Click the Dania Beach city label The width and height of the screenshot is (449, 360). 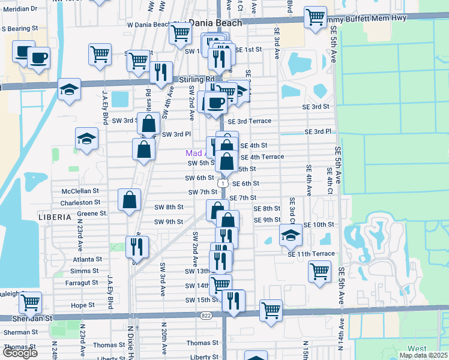pos(215,22)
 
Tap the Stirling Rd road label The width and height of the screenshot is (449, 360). pos(197,79)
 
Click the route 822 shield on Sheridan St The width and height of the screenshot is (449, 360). pos(206,314)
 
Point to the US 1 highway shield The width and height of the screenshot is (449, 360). pos(223,183)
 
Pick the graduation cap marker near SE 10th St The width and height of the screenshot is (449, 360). pos(291,235)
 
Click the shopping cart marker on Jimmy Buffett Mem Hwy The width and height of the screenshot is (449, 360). pos(315,17)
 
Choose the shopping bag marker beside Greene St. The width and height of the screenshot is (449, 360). pos(129,201)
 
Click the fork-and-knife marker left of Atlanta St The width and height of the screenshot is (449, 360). pos(137,247)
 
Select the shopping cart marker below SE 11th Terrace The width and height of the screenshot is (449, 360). pos(319,271)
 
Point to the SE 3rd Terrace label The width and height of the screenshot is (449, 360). pos(249,121)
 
